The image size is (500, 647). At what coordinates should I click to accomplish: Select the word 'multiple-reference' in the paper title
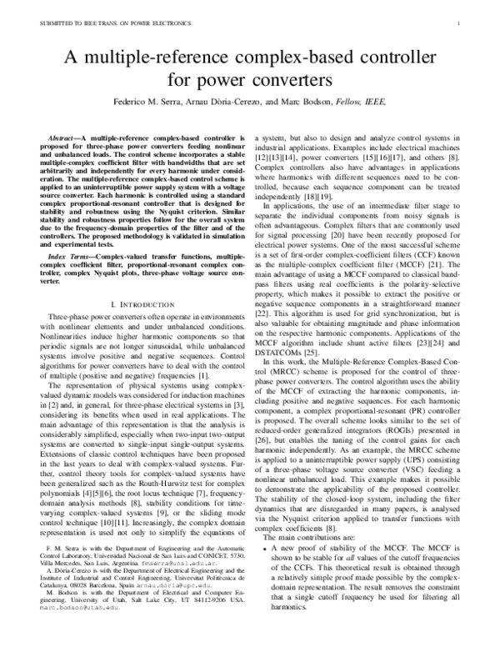point(165,58)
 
